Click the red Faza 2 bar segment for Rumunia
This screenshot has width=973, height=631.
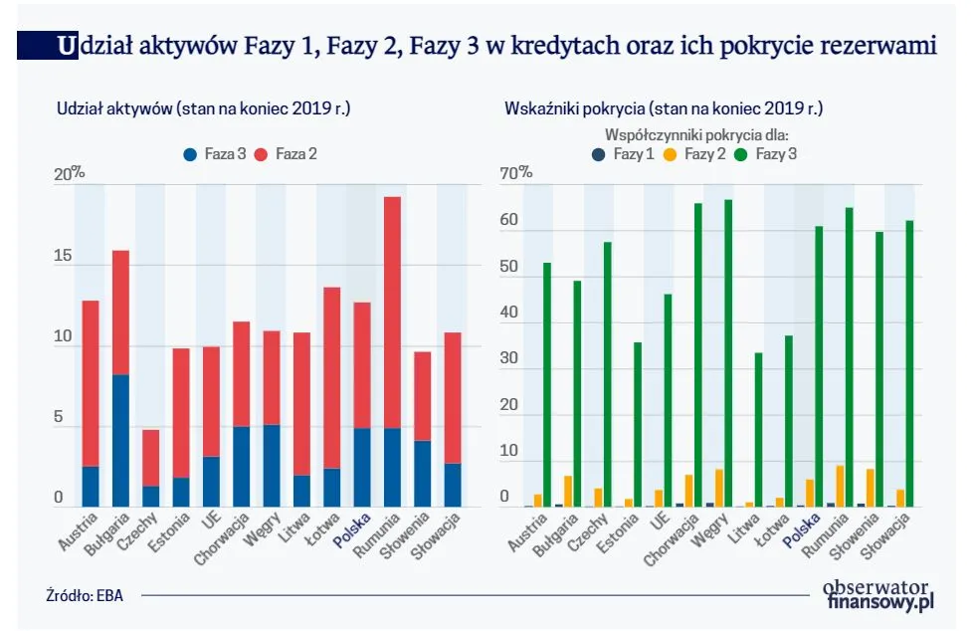(393, 313)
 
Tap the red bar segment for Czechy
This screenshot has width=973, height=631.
(151, 458)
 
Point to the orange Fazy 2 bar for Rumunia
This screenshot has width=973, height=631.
(840, 486)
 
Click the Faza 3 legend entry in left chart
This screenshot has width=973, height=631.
(214, 154)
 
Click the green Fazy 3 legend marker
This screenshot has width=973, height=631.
(739, 154)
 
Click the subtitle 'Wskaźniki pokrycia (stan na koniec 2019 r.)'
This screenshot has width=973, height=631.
(664, 108)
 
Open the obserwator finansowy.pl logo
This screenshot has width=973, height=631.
(878, 594)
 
